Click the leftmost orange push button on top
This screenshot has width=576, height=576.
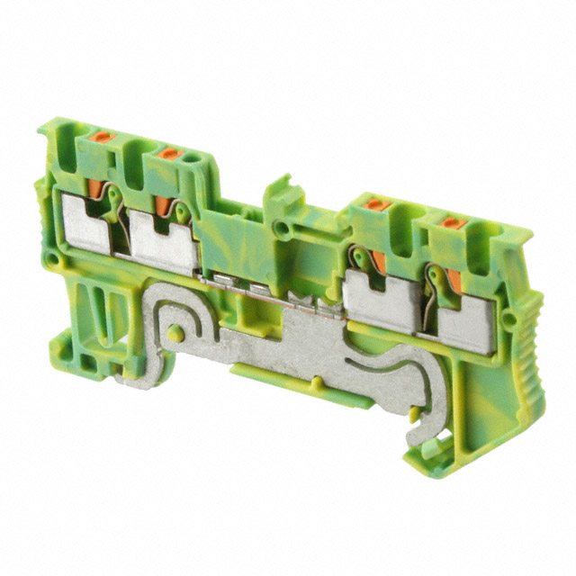[103, 136]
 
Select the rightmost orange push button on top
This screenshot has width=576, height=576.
[454, 222]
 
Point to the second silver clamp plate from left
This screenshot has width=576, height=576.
[165, 243]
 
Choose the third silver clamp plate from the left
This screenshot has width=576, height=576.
[376, 298]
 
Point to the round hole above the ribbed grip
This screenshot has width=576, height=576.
[509, 320]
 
